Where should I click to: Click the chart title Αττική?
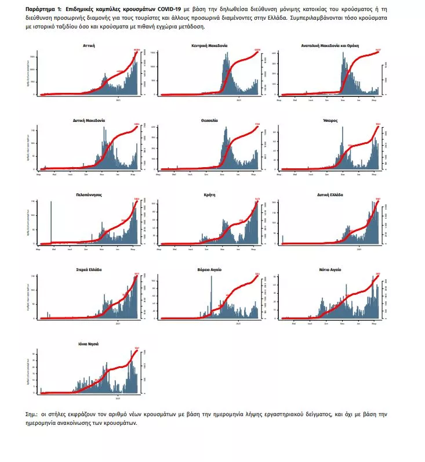(x=89, y=45)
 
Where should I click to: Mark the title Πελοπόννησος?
(x=89, y=195)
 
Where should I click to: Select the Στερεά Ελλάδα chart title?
(x=89, y=270)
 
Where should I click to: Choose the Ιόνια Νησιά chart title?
(x=89, y=344)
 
